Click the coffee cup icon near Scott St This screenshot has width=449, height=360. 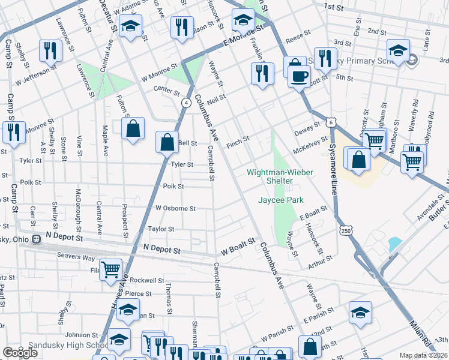[x=299, y=76]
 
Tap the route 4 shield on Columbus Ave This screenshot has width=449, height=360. [x=187, y=103]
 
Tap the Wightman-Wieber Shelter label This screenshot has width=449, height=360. [x=280, y=176]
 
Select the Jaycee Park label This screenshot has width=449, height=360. [x=281, y=200]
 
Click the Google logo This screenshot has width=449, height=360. [x=20, y=353]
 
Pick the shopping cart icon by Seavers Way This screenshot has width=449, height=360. [x=110, y=269]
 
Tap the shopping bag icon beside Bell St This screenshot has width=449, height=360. [x=167, y=143]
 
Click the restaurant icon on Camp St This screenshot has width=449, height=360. [x=12, y=131]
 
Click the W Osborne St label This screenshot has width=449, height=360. [x=176, y=208]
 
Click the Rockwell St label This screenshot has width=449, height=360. [x=147, y=280]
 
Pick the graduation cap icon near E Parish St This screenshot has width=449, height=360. [x=360, y=313]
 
